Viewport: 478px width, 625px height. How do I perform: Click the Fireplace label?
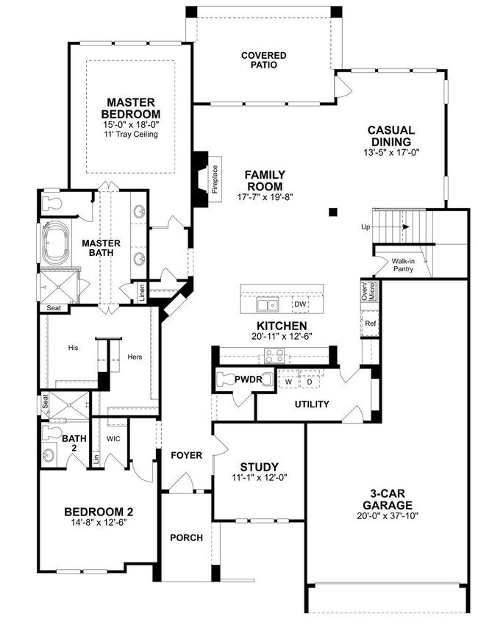coord(215,179)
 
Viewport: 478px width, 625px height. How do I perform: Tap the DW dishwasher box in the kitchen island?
coord(301,304)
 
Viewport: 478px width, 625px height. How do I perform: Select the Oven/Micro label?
coord(368,291)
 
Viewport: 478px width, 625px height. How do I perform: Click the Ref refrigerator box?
coord(370,324)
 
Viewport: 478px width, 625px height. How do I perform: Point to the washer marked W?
coord(288,382)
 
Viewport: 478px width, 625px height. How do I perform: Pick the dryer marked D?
coord(310,382)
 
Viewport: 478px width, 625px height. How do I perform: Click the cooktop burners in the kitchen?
coord(275,356)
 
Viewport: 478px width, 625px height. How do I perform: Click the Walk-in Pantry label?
coord(403,265)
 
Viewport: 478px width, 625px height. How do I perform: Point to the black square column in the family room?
coord(333,212)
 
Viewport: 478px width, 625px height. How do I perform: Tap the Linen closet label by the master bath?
coord(141,293)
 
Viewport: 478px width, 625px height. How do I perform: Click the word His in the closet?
coord(73,348)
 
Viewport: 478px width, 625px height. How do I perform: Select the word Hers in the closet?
coord(135,357)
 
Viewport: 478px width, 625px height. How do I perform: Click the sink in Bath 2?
coord(49,455)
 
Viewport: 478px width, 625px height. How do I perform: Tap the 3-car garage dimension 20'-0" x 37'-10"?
coord(388,515)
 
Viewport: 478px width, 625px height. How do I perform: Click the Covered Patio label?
coord(264,60)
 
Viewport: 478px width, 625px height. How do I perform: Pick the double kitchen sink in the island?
coord(268,305)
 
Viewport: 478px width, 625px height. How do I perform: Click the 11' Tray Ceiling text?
coord(131,135)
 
